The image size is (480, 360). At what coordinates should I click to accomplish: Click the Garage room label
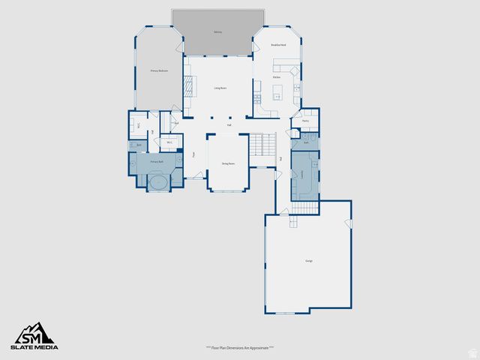(308, 261)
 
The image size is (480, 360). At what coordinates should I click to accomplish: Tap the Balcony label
(217, 32)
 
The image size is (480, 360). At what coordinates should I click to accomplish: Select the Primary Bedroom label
(158, 70)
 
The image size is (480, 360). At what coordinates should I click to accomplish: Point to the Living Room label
(220, 88)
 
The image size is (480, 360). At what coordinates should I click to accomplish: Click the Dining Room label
(228, 163)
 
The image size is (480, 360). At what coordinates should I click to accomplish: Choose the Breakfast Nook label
(278, 46)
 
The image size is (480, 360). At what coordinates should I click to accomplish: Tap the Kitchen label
(276, 77)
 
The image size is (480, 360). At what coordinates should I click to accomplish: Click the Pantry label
(305, 120)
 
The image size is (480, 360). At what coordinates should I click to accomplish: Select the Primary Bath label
(157, 162)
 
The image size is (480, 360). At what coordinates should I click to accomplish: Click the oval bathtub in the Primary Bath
(158, 182)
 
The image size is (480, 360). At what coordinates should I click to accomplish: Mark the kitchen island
(277, 92)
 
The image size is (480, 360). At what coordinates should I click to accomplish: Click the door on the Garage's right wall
(348, 225)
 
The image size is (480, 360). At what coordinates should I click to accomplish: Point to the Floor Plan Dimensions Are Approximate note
(239, 348)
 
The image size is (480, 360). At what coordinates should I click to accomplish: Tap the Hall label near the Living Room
(229, 125)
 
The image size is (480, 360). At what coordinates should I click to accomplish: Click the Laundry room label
(301, 173)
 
